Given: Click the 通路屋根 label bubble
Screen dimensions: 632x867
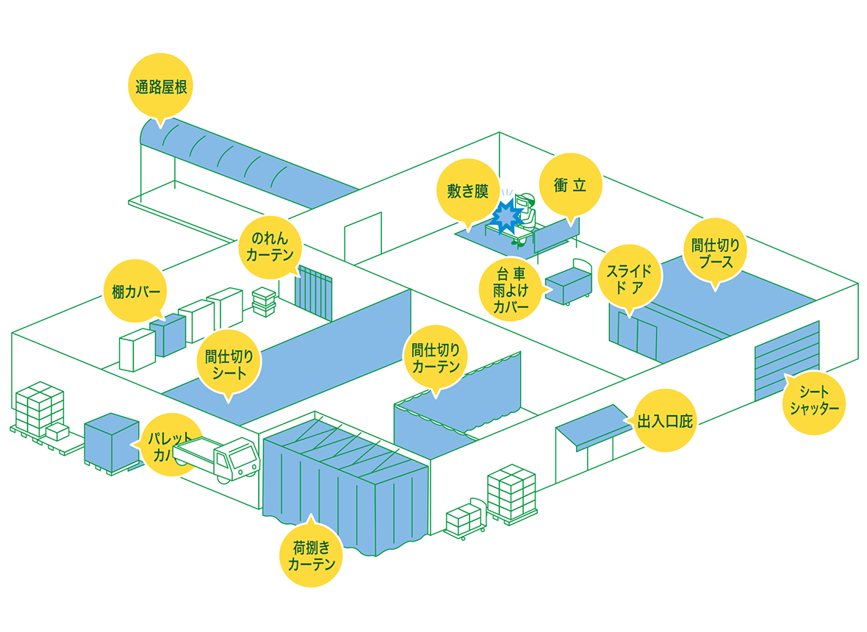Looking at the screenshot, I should click(161, 87).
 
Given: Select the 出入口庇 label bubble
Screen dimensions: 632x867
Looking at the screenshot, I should click(664, 421).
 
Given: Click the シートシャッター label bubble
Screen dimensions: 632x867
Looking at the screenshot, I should click(813, 401).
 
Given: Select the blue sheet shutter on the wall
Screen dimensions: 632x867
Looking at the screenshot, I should click(786, 360).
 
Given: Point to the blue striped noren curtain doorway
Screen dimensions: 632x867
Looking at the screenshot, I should click(314, 292).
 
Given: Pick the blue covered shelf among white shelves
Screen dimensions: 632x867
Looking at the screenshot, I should click(168, 334).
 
